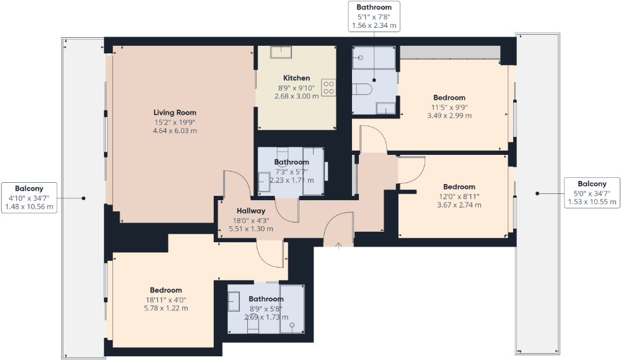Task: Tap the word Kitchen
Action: click(296, 78)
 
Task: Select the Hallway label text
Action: click(250, 211)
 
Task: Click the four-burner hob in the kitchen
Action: click(328, 88)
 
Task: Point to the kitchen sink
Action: click(283, 52)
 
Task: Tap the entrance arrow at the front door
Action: click(338, 246)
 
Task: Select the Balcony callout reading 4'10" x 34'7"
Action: click(29, 198)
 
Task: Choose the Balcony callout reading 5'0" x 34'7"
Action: click(592, 193)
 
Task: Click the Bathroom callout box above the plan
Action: click(374, 16)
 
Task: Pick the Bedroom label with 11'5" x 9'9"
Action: click(449, 98)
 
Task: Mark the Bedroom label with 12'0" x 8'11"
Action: click(459, 187)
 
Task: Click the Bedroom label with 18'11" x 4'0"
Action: click(165, 290)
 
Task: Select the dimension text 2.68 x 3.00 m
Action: click(296, 96)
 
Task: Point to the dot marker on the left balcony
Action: click(84, 198)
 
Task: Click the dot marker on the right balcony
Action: click(537, 193)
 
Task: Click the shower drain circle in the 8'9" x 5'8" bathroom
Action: click(292, 325)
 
